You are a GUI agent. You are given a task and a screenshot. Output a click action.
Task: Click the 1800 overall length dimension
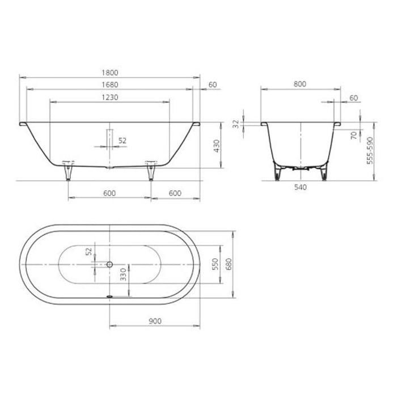click(111, 72)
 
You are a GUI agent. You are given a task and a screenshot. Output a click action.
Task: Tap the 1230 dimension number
click(111, 98)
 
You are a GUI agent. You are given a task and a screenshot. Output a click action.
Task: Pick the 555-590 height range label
click(369, 150)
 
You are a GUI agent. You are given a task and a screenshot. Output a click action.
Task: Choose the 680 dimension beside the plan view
click(229, 264)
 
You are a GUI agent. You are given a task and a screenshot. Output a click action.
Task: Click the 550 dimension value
click(215, 264)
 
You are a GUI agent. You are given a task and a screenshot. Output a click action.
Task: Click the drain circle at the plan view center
click(110, 264)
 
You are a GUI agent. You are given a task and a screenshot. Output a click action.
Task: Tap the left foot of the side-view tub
click(69, 170)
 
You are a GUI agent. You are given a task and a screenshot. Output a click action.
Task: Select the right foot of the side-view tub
click(151, 170)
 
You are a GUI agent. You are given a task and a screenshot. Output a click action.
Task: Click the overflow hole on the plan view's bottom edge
click(110, 295)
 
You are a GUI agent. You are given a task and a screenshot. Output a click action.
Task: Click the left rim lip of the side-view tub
click(23, 123)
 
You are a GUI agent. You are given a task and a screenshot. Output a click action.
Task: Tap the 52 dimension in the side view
click(121, 140)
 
